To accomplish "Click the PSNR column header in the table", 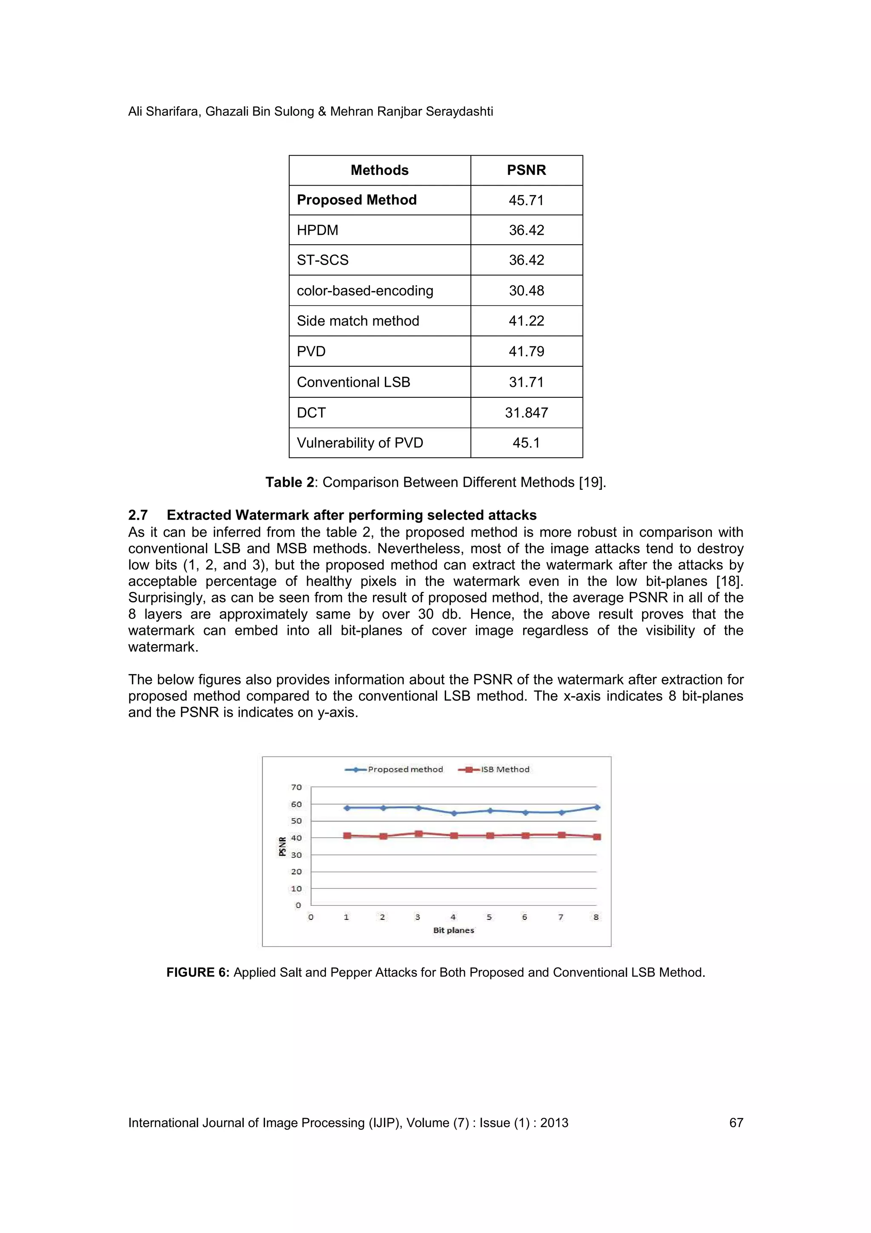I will [526, 170].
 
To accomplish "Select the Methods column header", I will [379, 170].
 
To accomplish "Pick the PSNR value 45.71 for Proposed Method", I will [526, 200].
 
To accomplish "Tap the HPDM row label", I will [317, 230].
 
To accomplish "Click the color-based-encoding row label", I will [364, 291].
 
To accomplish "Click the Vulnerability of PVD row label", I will [359, 442].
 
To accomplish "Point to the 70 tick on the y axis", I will [296, 787].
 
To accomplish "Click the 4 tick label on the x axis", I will [453, 917].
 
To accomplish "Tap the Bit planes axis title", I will [453, 930].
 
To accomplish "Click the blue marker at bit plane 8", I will [597, 807].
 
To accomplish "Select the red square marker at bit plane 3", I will [418, 833].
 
